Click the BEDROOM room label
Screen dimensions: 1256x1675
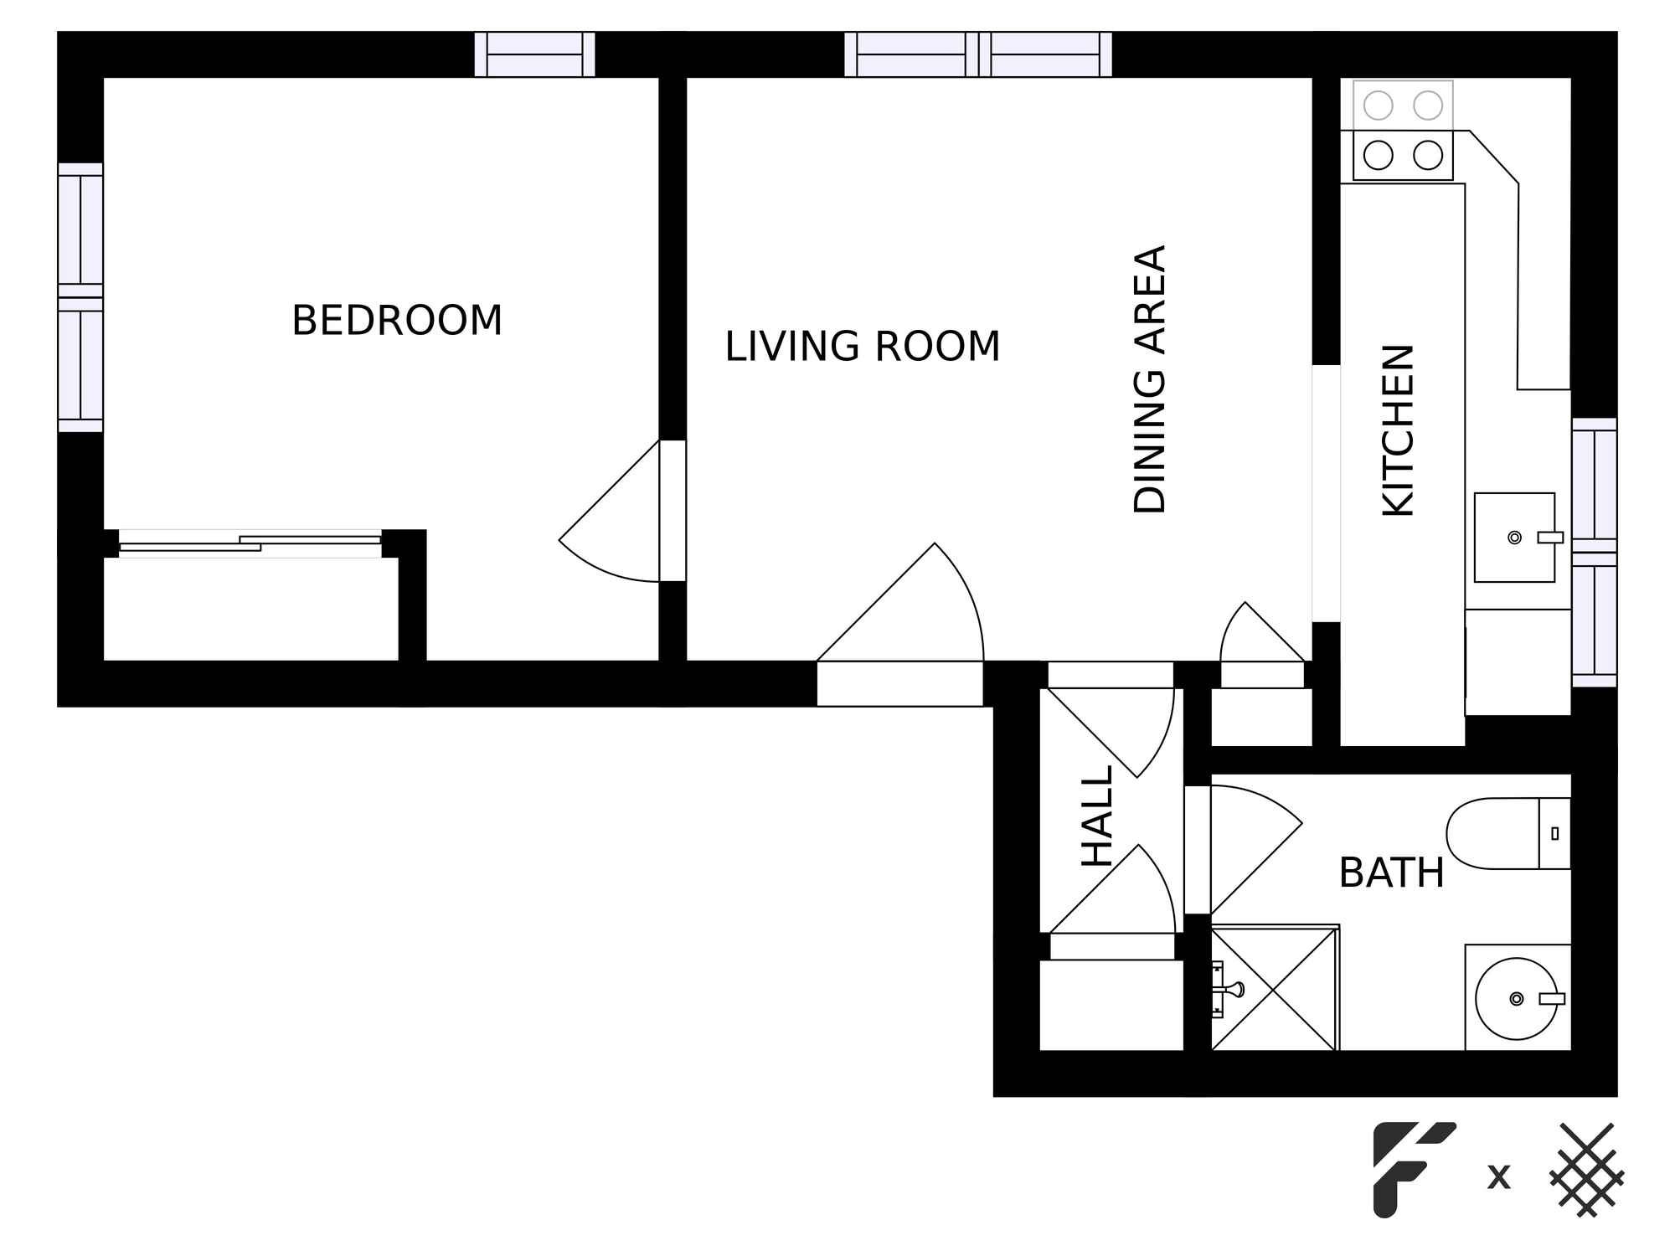397,321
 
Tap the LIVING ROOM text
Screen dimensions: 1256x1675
862,347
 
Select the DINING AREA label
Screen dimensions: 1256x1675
1150,379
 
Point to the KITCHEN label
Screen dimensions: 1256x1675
1398,430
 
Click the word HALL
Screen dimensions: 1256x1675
1097,816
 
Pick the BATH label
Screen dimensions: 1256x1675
1391,873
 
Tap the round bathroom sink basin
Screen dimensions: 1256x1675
1516,998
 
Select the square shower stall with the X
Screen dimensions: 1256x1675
1274,989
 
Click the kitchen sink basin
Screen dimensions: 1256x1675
1514,537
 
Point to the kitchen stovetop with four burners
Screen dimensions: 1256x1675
1403,131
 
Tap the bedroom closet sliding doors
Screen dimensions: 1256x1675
250,543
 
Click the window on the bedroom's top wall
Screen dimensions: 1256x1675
534,54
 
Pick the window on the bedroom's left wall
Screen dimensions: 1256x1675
80,297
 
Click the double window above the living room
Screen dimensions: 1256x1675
977,54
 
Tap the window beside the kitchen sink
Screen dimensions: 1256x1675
1594,553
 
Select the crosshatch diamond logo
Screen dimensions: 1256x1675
1586,1169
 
